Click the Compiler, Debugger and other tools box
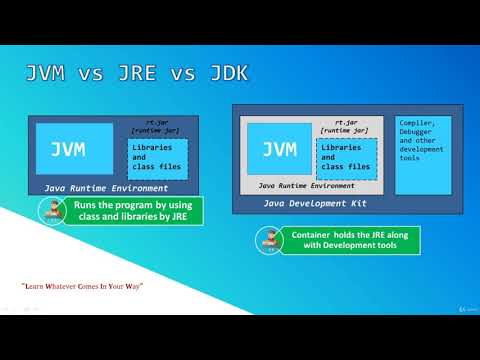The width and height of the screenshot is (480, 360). click(422, 155)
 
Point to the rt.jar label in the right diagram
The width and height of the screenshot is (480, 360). click(347, 121)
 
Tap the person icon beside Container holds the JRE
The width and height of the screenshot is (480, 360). click(266, 239)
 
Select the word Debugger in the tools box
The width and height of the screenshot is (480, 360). click(418, 134)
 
